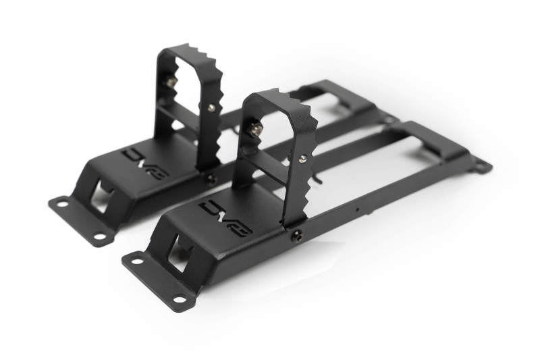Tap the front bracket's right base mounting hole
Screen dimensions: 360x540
pos(180,299)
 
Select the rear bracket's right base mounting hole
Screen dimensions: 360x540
pos(101,236)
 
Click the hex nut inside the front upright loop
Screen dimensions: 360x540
pos(257,129)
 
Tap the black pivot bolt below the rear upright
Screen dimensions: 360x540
pos(211,178)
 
